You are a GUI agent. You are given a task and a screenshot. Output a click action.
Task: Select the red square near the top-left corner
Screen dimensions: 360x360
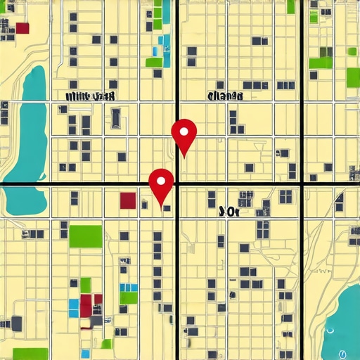pos(22,28)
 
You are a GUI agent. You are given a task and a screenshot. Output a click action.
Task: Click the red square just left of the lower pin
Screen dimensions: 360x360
pos(128,200)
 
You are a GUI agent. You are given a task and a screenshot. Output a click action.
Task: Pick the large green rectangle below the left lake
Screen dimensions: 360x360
pos(85,236)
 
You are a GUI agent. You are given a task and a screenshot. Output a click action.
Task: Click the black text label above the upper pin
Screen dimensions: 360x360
pos(226,96)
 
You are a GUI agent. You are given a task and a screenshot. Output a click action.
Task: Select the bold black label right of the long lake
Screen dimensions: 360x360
pos(90,96)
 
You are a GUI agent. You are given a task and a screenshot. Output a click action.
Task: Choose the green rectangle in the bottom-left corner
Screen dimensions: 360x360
pos(30,354)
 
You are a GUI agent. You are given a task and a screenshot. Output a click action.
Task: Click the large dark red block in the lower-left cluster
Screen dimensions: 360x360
pos(88,305)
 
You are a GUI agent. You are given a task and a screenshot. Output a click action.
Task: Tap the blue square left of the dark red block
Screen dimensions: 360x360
pos(73,305)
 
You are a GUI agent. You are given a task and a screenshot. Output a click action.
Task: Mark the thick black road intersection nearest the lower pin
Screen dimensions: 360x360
pos(176,184)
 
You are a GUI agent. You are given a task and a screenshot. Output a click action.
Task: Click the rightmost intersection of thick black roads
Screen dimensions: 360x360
pos(302,184)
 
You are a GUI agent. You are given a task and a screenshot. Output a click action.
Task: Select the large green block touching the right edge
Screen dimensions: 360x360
pos(353,77)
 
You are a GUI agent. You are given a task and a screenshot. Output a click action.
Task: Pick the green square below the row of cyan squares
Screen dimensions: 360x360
pos(128,298)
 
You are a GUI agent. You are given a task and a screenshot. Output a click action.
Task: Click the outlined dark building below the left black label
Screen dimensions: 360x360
pos(115,117)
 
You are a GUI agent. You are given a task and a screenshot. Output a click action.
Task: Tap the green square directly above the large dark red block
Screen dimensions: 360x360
pos(85,285)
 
